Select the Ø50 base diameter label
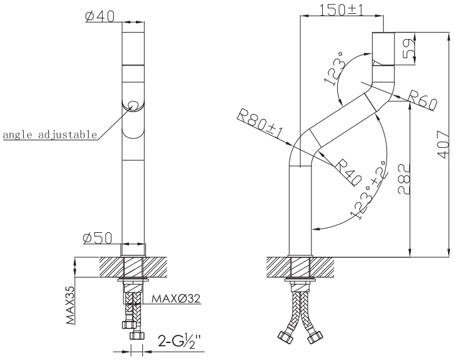click(x=98, y=238)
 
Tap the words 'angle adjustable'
click(x=50, y=135)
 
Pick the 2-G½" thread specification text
click(x=179, y=343)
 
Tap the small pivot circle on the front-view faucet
click(x=133, y=104)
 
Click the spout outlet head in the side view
click(x=383, y=48)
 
